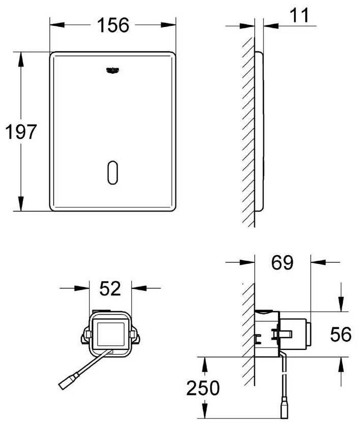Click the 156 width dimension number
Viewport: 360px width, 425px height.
point(112,25)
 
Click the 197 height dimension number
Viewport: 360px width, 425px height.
point(21,132)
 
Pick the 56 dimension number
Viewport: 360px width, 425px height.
point(340,335)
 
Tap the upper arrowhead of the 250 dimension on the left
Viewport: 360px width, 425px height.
point(205,363)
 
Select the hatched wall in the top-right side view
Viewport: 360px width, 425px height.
point(248,132)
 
